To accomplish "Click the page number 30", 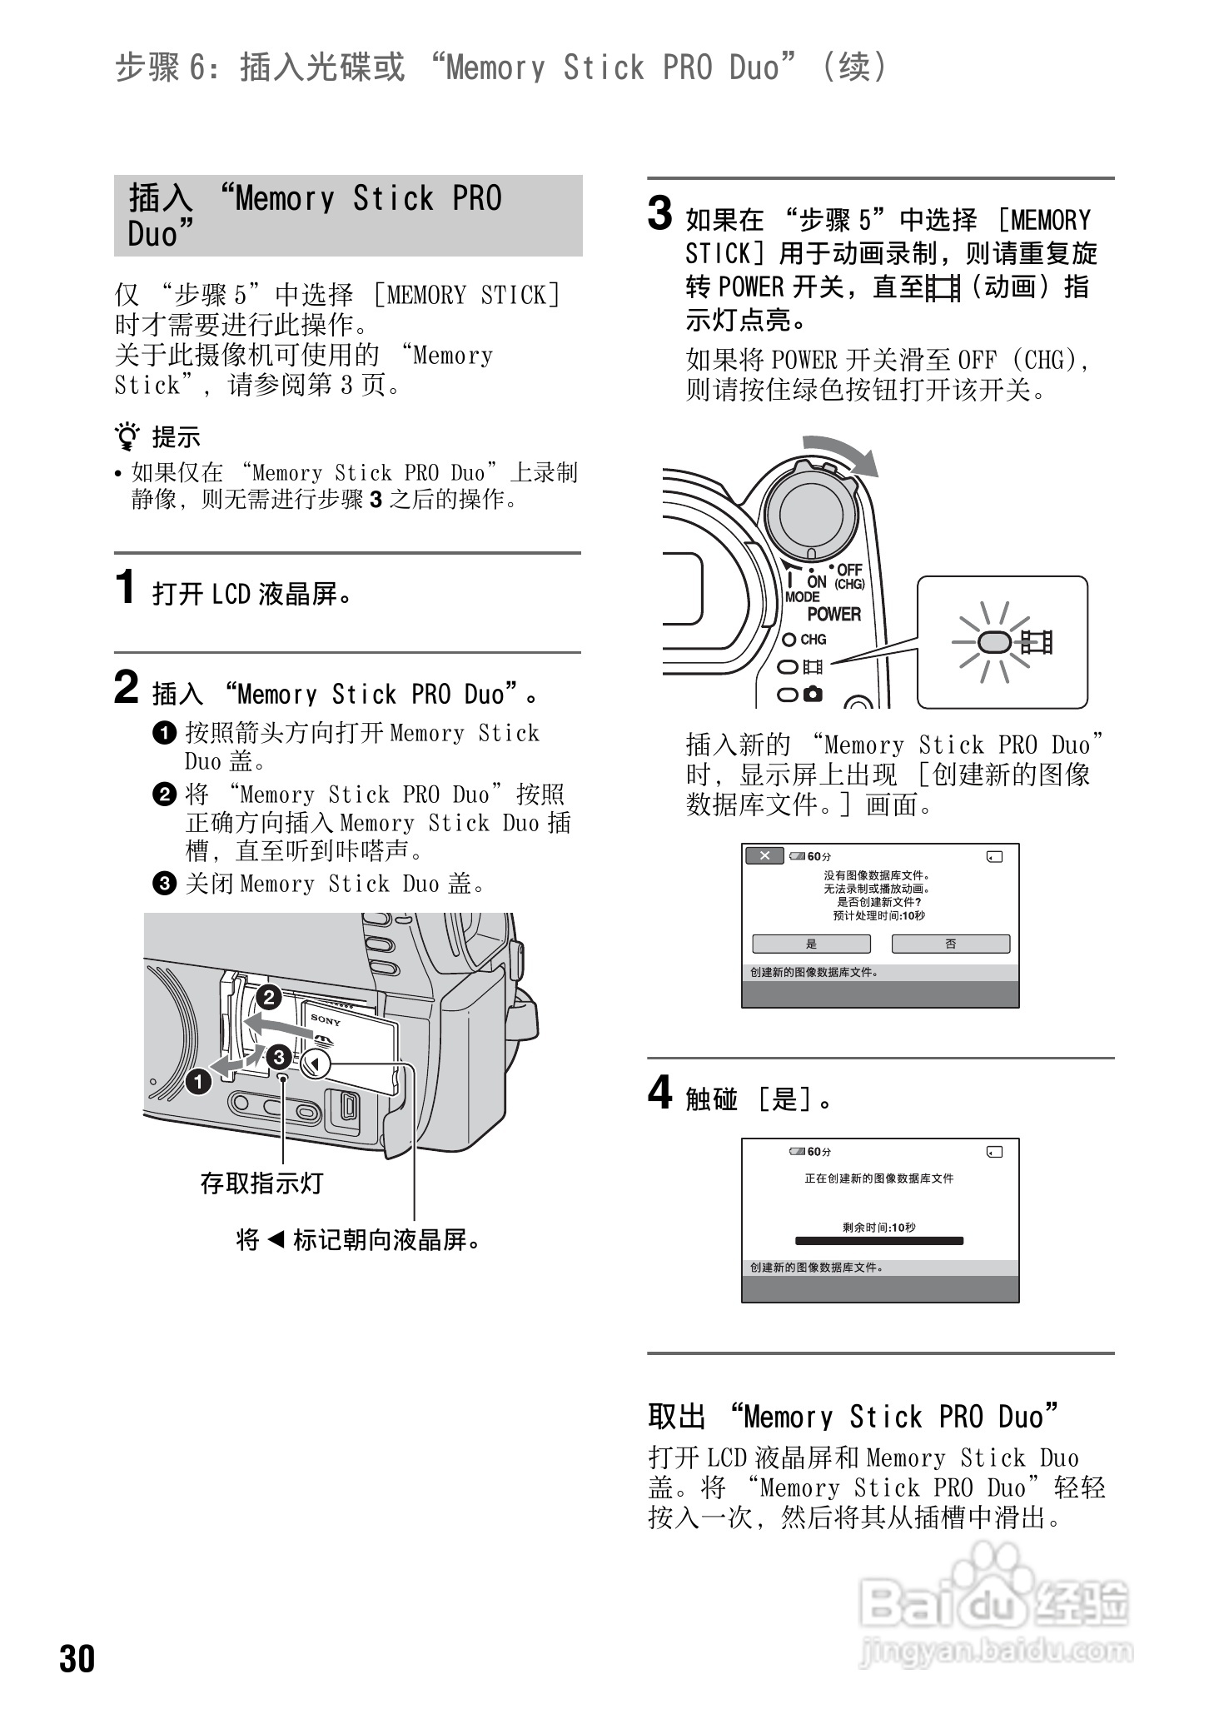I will pos(77,1658).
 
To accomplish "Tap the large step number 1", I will pos(126,588).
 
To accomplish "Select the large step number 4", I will pos(659,1093).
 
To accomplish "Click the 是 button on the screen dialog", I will pos(811,944).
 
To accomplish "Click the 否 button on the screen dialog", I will pos(950,944).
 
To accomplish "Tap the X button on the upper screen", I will pos(764,855).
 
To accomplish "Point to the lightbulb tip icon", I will pos(127,436).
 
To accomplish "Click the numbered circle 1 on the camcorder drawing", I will pos(198,1082).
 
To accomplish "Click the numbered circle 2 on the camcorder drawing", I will pos(268,997).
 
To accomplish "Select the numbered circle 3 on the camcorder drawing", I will pos(278,1058).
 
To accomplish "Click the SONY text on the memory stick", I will pos(326,1019).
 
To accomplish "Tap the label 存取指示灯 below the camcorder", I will pos(261,1183).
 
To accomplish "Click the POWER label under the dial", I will pos(833,614).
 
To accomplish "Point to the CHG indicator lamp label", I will pos(812,640).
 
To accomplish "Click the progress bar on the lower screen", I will pos(879,1241).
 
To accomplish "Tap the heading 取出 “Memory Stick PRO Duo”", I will pos(853,1417).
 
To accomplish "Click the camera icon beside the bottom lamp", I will pos(813,693).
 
